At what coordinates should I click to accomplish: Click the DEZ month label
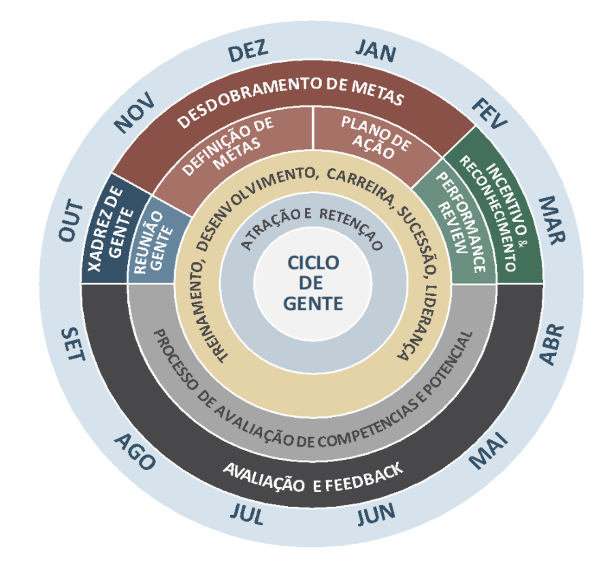coord(248,51)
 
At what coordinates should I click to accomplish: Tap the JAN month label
coord(375,51)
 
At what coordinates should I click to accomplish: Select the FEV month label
coord(489,114)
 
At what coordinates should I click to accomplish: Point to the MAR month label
coord(551,220)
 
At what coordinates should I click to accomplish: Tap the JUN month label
coord(376,514)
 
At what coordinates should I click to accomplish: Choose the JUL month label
coord(247,514)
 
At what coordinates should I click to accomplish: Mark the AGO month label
coord(135,451)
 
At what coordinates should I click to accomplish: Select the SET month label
coord(73,344)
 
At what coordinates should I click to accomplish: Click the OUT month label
coord(71,220)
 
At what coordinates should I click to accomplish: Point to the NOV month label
coord(134,113)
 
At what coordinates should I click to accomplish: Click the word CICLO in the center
coord(313,263)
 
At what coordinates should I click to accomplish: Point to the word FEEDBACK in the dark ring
coord(363,478)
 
